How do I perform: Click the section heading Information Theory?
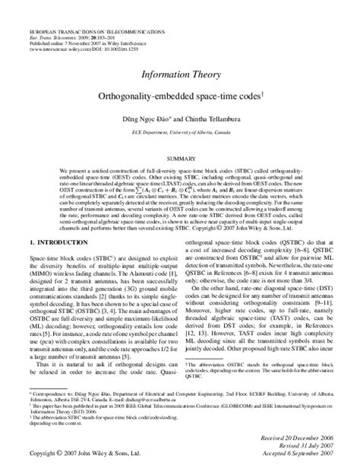179,75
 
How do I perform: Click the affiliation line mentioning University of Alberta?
179,131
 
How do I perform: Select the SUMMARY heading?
180,158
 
